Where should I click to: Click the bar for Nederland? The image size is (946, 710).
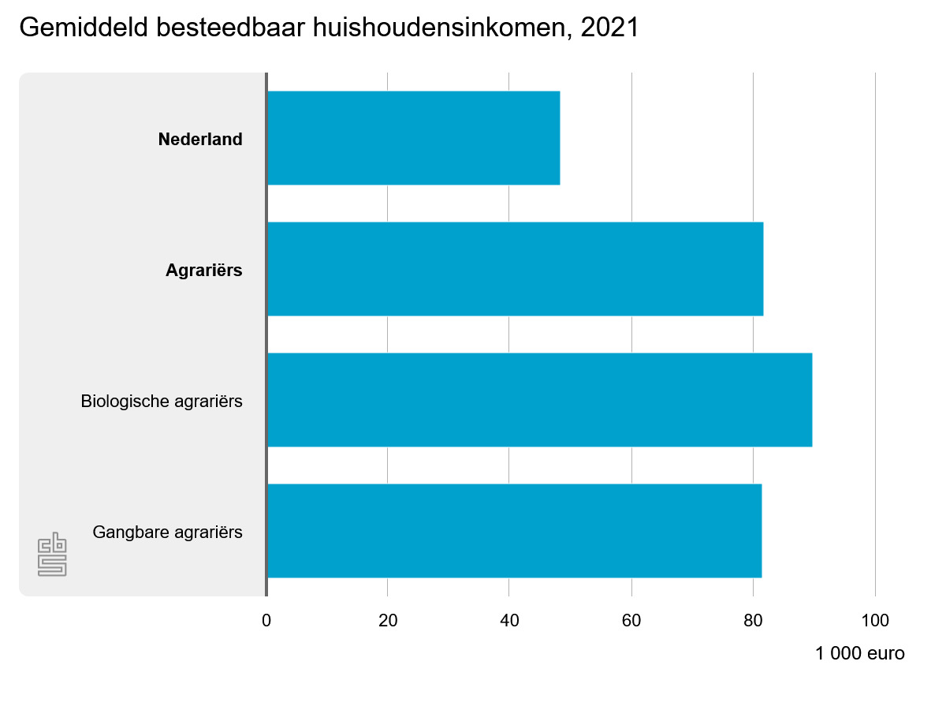coord(413,138)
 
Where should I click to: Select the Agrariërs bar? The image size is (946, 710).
coord(515,269)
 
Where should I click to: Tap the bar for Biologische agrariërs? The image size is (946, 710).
coord(539,400)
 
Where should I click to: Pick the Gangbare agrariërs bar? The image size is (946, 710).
coord(514,531)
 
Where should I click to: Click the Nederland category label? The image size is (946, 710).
coord(200,140)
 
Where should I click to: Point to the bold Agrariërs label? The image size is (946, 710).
coord(203,271)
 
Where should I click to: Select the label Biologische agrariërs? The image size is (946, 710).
coord(162,402)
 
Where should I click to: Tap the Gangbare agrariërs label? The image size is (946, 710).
coord(167,532)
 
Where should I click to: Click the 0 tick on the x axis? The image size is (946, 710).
coord(266,621)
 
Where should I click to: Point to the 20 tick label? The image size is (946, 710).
coord(388,621)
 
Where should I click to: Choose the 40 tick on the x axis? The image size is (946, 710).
coord(509,621)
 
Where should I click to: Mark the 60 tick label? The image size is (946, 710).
coord(631,621)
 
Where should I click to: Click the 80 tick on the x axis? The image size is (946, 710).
coord(753,621)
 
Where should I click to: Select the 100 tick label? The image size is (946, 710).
coord(874,621)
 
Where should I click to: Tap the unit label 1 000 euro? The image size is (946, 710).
coord(860,654)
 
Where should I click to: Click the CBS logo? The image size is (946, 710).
coord(52,555)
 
